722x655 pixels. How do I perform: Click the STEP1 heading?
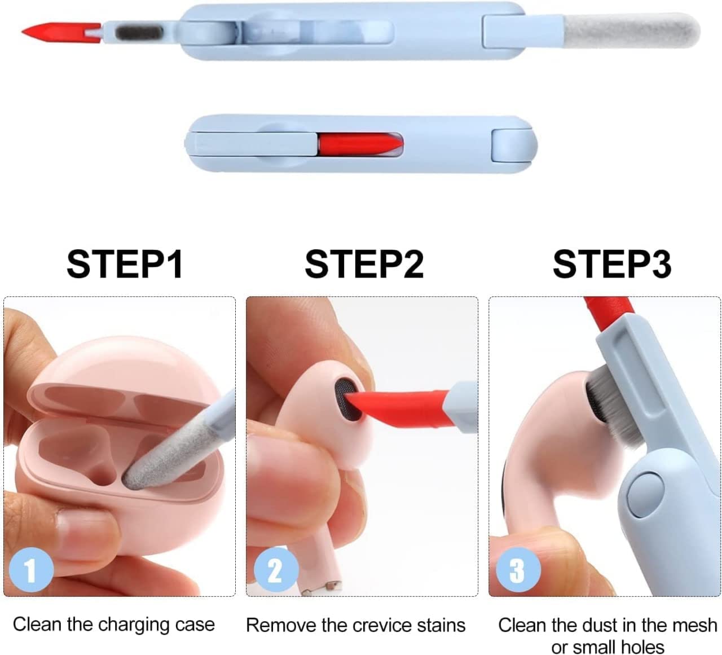point(125,263)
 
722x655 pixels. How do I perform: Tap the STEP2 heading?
point(364,263)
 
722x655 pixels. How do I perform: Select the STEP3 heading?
point(612,263)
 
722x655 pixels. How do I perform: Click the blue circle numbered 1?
point(31,569)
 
